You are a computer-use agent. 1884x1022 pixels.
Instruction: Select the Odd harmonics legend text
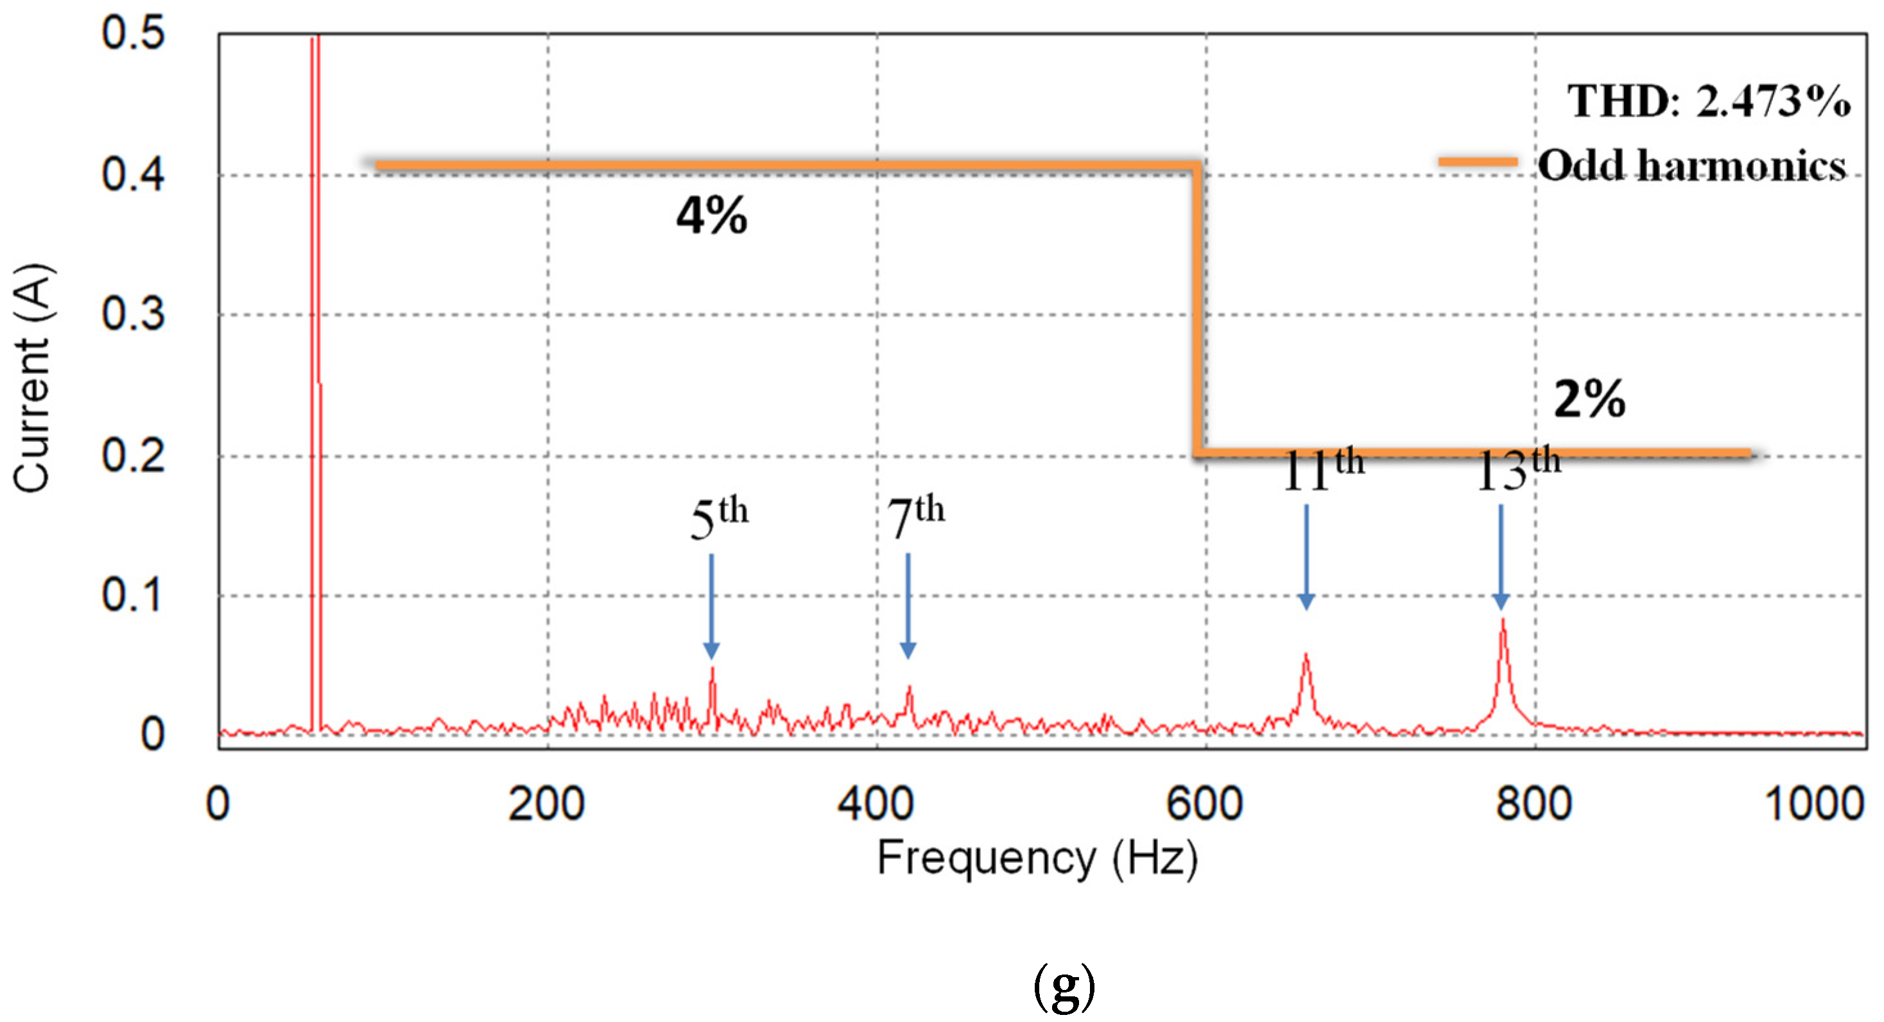click(1691, 166)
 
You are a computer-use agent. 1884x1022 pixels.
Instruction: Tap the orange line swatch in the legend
click(1478, 162)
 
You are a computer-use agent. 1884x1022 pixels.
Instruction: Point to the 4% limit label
click(712, 216)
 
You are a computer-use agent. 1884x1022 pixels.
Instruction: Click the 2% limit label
click(1589, 400)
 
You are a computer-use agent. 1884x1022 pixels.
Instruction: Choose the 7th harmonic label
click(915, 516)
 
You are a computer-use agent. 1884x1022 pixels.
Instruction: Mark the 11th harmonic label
click(1323, 470)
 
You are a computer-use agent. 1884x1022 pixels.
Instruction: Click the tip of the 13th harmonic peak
click(1503, 620)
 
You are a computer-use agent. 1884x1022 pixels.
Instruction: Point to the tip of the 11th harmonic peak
click(1306, 655)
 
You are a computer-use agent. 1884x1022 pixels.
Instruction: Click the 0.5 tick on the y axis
click(133, 33)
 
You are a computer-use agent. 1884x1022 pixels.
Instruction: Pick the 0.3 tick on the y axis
click(133, 314)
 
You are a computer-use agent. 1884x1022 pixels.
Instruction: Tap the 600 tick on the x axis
click(1205, 803)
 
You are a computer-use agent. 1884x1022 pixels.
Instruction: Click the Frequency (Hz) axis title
click(1037, 858)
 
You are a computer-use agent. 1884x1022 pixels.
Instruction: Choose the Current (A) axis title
click(32, 378)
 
